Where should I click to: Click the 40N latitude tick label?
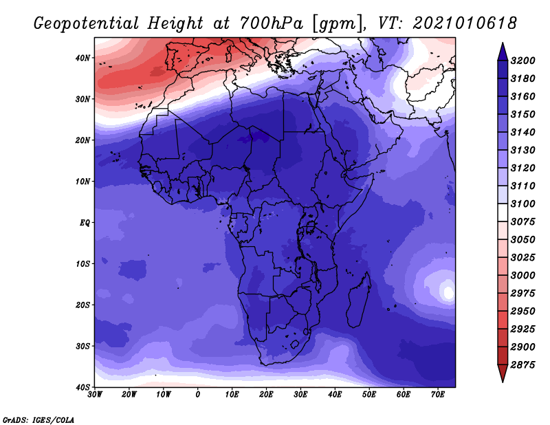[82, 58]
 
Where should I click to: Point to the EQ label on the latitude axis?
[85, 223]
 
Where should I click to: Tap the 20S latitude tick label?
[82, 305]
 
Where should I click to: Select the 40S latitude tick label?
[82, 387]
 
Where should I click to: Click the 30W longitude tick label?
[95, 395]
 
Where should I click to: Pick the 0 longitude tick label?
[198, 395]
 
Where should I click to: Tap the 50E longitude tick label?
[369, 395]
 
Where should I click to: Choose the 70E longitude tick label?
[438, 395]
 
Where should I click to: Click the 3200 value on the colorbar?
[523, 61]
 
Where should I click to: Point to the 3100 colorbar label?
[523, 204]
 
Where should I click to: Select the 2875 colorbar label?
[523, 365]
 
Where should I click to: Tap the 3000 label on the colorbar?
[523, 276]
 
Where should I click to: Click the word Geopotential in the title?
[87, 24]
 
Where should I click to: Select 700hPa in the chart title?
[271, 23]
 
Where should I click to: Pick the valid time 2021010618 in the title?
[465, 23]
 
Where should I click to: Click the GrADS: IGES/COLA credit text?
[38, 420]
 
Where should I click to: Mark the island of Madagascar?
[359, 300]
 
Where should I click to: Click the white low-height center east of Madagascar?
[448, 292]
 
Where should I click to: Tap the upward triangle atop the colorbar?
[503, 52]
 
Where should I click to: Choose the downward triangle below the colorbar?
[503, 373]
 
